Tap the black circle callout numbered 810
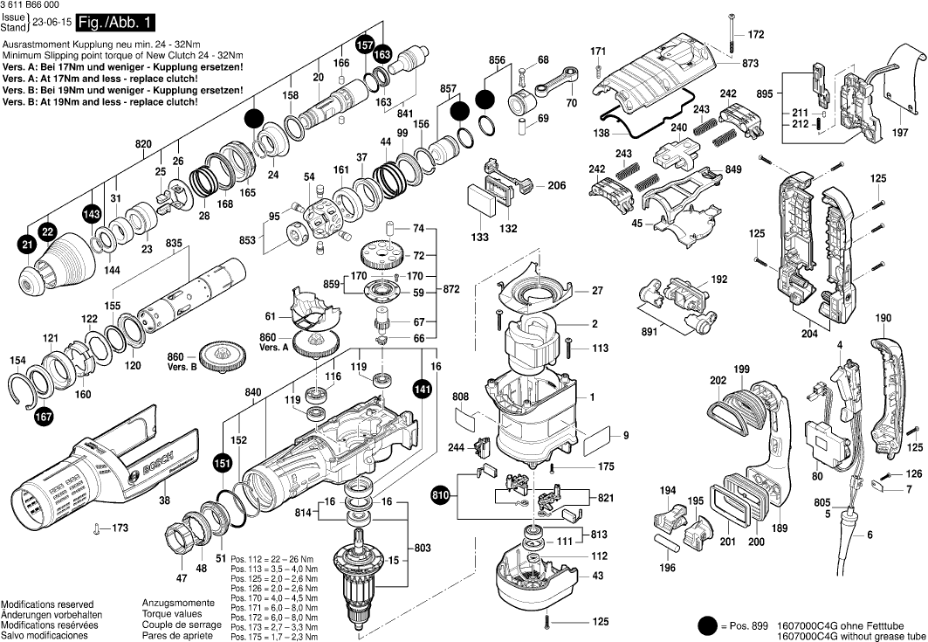[x=440, y=497]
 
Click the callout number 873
[x=750, y=64]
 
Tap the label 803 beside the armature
[x=423, y=548]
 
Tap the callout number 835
[x=174, y=242]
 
